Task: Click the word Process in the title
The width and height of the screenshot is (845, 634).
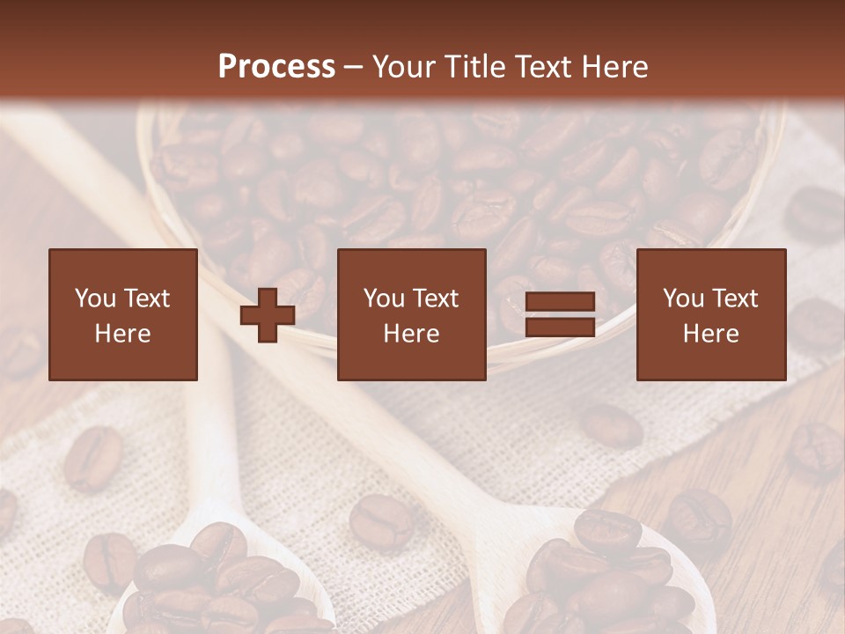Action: click(276, 67)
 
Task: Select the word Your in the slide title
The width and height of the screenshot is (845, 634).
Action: click(401, 67)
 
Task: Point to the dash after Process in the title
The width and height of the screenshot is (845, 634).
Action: click(353, 68)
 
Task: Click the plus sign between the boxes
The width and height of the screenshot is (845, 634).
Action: click(268, 315)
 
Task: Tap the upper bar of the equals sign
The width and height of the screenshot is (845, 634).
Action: click(560, 302)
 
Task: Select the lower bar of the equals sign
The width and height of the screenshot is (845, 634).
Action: click(560, 328)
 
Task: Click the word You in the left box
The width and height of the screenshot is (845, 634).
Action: click(94, 299)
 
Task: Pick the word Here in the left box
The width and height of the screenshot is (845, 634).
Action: click(122, 334)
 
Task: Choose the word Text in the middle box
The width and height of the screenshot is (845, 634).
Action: click(435, 299)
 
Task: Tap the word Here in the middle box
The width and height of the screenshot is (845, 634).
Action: click(411, 334)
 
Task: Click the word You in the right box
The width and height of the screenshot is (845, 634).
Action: click(683, 299)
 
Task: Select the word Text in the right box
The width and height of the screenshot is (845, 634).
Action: click(734, 299)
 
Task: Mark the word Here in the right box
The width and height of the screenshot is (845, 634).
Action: click(710, 334)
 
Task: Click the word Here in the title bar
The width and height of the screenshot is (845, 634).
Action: click(615, 67)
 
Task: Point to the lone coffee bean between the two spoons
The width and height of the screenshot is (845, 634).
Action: click(380, 521)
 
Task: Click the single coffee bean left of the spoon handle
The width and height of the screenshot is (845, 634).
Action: click(92, 458)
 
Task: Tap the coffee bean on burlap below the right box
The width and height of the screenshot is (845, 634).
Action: click(611, 425)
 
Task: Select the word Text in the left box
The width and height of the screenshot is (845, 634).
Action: click(146, 299)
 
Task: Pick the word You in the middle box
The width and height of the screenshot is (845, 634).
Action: click(384, 299)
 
